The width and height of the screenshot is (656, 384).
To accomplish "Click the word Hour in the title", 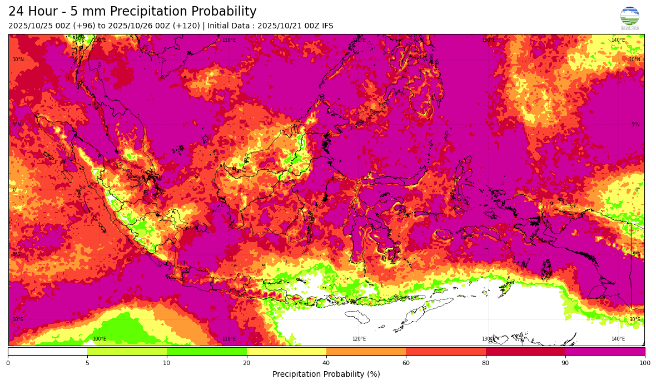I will point(47,12).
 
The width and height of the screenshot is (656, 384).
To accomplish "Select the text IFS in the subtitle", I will point(327,26).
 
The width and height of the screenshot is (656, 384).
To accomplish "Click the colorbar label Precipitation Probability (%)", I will point(326,374).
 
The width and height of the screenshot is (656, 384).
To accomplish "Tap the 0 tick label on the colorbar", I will point(8,363).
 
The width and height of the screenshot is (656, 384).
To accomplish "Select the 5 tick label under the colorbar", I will point(87,363).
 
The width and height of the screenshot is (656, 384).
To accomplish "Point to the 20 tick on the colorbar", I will point(246,363).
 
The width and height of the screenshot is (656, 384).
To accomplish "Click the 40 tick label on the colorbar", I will point(326,363).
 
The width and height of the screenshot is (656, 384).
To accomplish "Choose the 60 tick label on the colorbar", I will point(406,363).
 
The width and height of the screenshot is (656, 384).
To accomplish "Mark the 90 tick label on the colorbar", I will point(565,363).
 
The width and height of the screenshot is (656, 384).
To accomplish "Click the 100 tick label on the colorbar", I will point(644,363).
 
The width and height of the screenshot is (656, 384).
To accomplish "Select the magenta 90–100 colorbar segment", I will point(605,351).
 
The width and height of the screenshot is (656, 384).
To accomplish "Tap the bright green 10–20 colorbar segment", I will point(207,351).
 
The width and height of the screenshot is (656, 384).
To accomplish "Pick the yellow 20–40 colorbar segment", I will point(286,351).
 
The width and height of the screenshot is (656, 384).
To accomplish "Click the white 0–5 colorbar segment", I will point(48,351).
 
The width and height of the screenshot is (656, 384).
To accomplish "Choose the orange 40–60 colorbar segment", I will point(366,351).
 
